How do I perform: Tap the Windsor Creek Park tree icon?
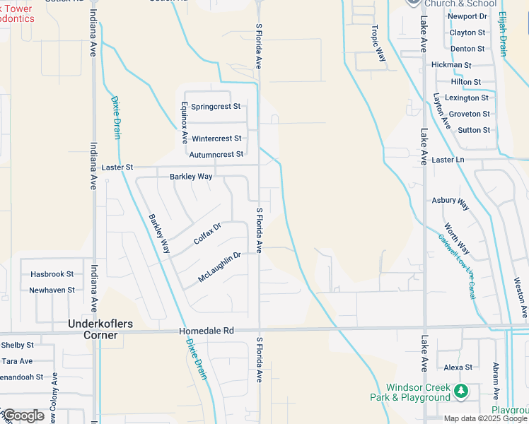tap(461, 390)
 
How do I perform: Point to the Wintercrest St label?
tap(216, 139)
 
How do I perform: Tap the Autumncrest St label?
tap(216, 154)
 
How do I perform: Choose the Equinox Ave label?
tap(184, 122)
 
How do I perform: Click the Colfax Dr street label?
tap(207, 234)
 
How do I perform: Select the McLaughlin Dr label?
tap(220, 267)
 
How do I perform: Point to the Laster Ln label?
tap(448, 160)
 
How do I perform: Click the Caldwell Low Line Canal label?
tap(459, 262)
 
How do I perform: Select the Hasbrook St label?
tap(52, 274)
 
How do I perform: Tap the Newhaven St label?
tap(52, 290)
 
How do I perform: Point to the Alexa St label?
tap(458, 367)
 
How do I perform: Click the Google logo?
tap(23, 415)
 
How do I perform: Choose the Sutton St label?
tap(474, 130)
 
